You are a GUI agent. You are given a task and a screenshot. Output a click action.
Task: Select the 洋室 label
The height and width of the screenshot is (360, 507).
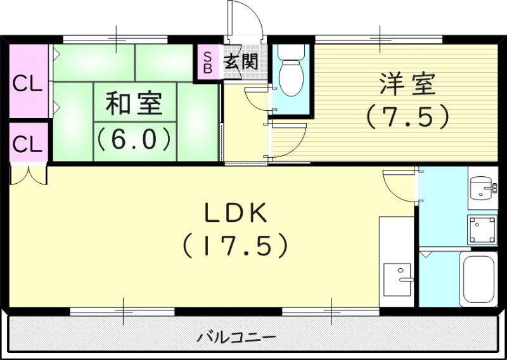(408, 84)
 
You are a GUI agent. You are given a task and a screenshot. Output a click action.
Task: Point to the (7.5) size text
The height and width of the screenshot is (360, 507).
(408, 115)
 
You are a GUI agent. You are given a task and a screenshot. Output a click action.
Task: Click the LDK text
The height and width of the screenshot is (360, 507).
(236, 214)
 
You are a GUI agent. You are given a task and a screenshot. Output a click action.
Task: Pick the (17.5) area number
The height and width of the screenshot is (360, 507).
(236, 245)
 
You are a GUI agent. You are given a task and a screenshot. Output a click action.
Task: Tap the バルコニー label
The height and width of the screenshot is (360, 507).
(236, 336)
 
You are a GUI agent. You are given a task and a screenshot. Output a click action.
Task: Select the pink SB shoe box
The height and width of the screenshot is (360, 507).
(207, 62)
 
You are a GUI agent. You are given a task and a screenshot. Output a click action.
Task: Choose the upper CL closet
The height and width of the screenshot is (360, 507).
(28, 83)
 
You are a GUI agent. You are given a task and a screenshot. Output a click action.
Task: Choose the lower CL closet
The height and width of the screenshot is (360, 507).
(28, 144)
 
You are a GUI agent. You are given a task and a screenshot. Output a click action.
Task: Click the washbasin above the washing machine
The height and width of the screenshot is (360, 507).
(481, 188)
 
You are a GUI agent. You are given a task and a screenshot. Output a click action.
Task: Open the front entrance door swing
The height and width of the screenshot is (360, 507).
(246, 19)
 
